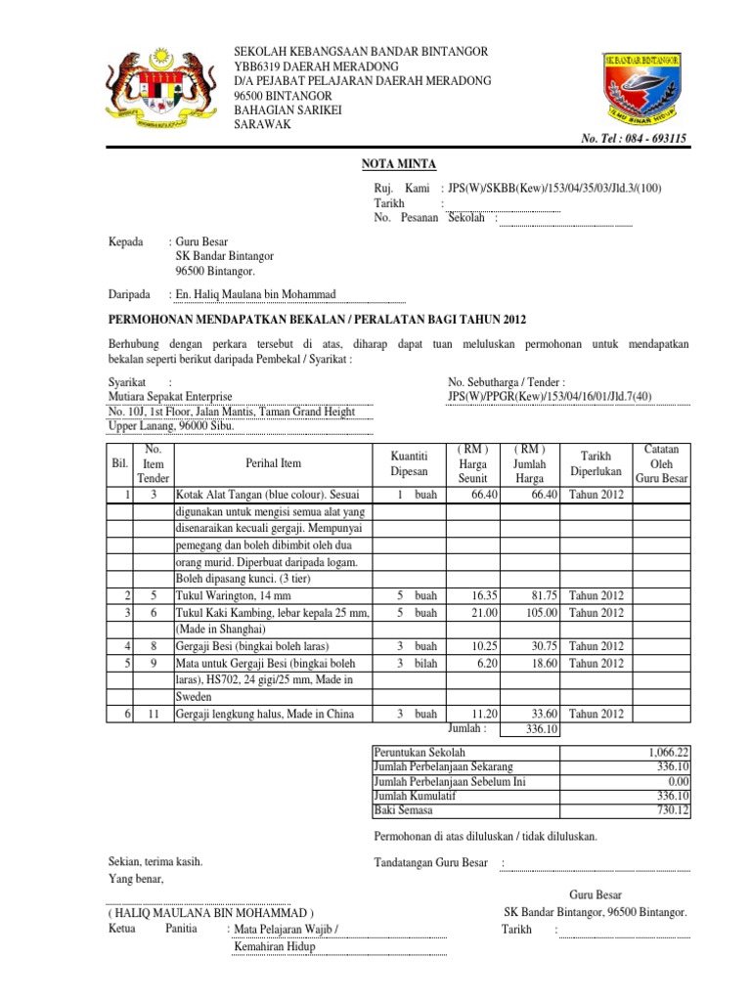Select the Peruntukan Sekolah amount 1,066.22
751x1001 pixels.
(667, 753)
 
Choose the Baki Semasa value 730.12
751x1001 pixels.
(673, 810)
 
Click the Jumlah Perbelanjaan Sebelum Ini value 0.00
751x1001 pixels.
(677, 781)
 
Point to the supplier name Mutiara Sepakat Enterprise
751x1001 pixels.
(170, 397)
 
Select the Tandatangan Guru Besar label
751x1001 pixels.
(431, 862)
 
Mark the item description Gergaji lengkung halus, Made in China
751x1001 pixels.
(264, 714)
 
